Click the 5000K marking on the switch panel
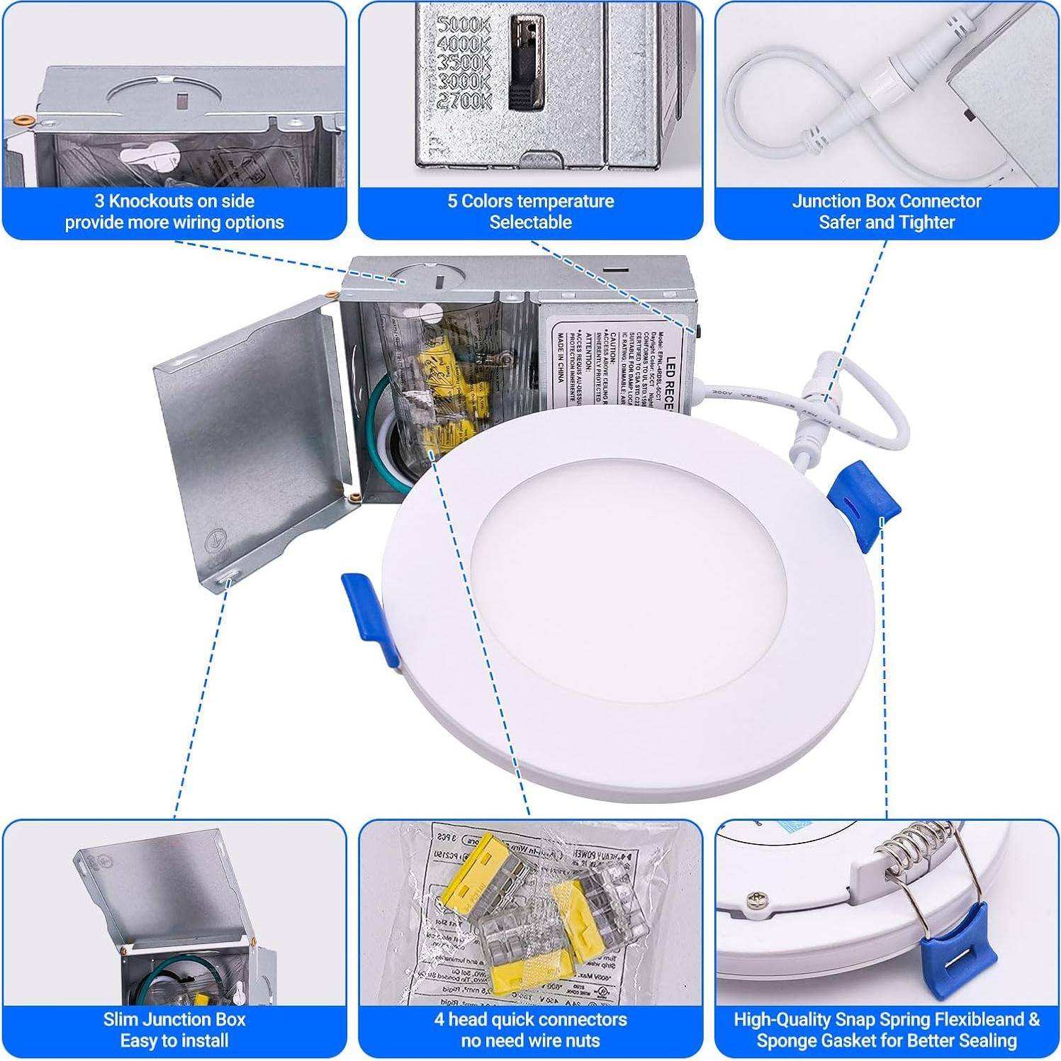click(x=463, y=26)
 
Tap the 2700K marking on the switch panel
click(x=464, y=100)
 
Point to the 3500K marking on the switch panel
click(x=464, y=63)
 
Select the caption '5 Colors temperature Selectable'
click(x=530, y=211)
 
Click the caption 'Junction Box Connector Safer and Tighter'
click(x=886, y=211)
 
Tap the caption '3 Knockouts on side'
click(x=174, y=201)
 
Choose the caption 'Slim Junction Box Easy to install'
click(x=174, y=1029)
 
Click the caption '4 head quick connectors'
click(x=530, y=1019)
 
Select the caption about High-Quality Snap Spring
click(x=886, y=1029)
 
